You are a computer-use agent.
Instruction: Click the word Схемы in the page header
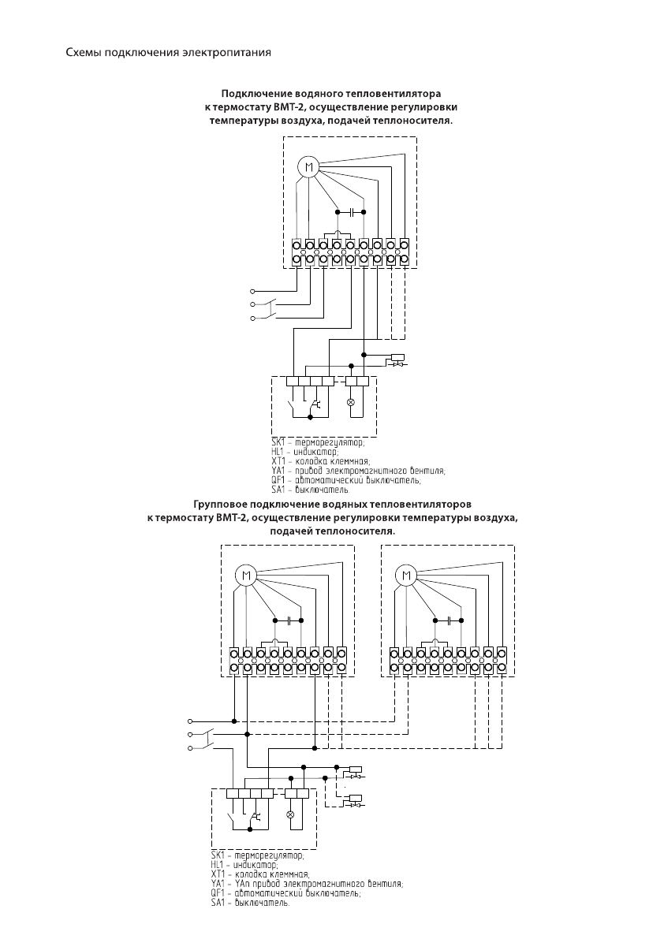[x=82, y=53]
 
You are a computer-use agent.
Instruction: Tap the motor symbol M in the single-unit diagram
[x=308, y=167]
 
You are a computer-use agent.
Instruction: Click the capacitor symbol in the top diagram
[x=350, y=212]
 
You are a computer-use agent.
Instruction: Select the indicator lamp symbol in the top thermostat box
[x=352, y=402]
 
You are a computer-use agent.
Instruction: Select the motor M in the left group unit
[x=246, y=575]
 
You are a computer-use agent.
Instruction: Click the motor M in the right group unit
[x=406, y=575]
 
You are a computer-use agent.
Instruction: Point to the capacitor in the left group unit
[x=288, y=620]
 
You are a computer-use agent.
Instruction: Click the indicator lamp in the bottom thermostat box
[x=290, y=814]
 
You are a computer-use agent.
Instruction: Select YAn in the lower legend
[x=241, y=884]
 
